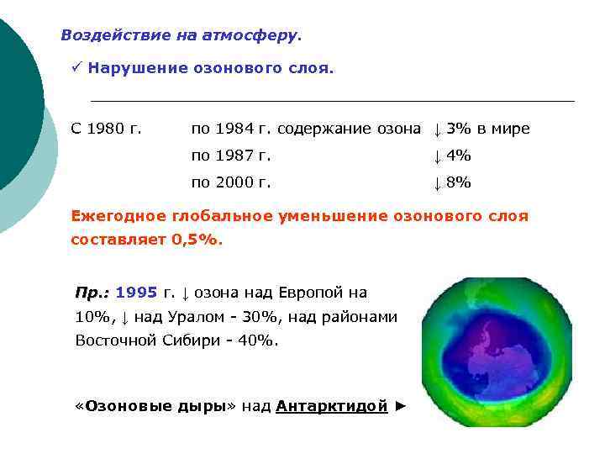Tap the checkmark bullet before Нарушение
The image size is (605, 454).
tap(76, 68)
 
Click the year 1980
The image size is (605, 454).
tap(105, 129)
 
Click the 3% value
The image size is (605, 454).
tap(460, 129)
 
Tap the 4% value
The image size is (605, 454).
tap(459, 156)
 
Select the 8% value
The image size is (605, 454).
tap(459, 182)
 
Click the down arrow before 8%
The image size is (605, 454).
tap(437, 182)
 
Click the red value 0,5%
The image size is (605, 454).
tap(197, 240)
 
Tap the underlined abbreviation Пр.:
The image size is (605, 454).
tap(92, 293)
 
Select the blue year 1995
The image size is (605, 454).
tap(136, 293)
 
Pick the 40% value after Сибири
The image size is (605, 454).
tap(256, 341)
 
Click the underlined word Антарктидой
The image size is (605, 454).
tap(332, 406)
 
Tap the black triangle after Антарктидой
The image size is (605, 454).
tap(401, 406)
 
